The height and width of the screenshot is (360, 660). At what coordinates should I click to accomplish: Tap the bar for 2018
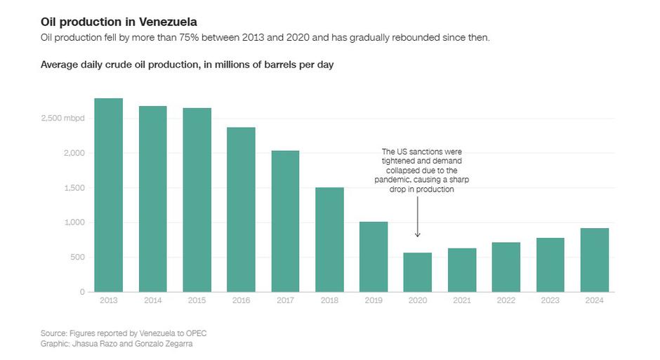click(329, 239)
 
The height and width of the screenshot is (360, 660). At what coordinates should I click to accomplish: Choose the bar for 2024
click(594, 260)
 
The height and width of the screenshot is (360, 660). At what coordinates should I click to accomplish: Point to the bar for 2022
click(506, 267)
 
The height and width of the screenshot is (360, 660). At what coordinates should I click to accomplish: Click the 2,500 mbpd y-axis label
click(63, 119)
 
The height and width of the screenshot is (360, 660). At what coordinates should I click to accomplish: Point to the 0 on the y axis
click(81, 292)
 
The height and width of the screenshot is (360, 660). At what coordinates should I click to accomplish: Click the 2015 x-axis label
click(197, 300)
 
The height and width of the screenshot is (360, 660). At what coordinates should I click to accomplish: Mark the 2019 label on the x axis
click(373, 300)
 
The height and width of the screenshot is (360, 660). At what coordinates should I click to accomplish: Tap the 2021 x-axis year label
click(461, 300)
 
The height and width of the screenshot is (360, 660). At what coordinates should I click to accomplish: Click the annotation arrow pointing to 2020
click(417, 218)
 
